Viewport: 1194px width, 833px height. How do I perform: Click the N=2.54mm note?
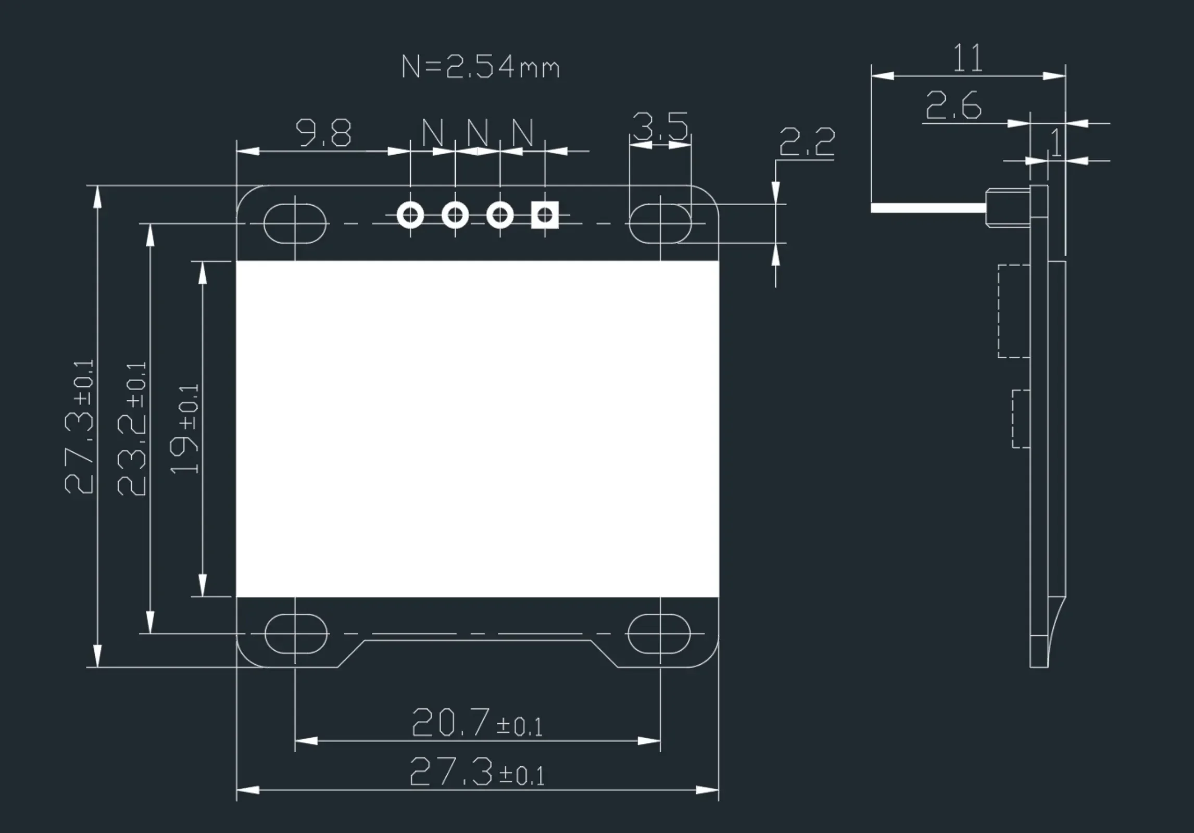[480, 68]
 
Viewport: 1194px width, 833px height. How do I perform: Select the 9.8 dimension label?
[323, 133]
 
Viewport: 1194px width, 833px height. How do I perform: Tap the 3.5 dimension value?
[660, 127]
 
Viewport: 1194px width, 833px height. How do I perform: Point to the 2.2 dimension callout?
[807, 142]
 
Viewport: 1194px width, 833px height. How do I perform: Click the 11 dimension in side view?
[968, 58]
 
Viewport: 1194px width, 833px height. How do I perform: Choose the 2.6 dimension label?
[953, 106]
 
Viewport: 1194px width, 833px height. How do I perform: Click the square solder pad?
[545, 214]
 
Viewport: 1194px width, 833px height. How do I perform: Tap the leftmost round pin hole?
[410, 214]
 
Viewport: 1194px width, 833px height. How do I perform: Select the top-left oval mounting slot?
[295, 223]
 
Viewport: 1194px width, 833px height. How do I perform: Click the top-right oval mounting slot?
[660, 223]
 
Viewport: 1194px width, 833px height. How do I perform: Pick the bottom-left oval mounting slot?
[295, 634]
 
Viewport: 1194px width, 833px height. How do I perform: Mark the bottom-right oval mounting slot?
[659, 634]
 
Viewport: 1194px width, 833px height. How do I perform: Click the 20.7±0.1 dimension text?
[476, 723]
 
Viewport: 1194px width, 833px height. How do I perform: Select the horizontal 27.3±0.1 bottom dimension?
[476, 772]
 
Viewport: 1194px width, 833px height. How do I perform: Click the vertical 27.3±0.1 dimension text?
[79, 426]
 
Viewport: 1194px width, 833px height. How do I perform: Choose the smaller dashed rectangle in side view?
[1021, 419]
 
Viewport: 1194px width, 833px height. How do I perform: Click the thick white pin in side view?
[928, 208]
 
